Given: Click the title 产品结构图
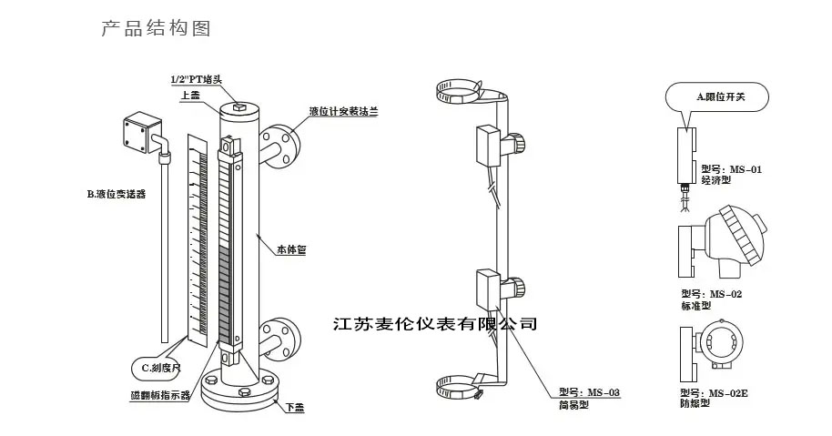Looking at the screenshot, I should (156, 29).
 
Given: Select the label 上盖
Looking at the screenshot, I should (191, 95).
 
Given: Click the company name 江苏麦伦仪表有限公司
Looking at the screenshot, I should (436, 324).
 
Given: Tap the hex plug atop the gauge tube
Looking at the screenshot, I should (238, 107).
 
